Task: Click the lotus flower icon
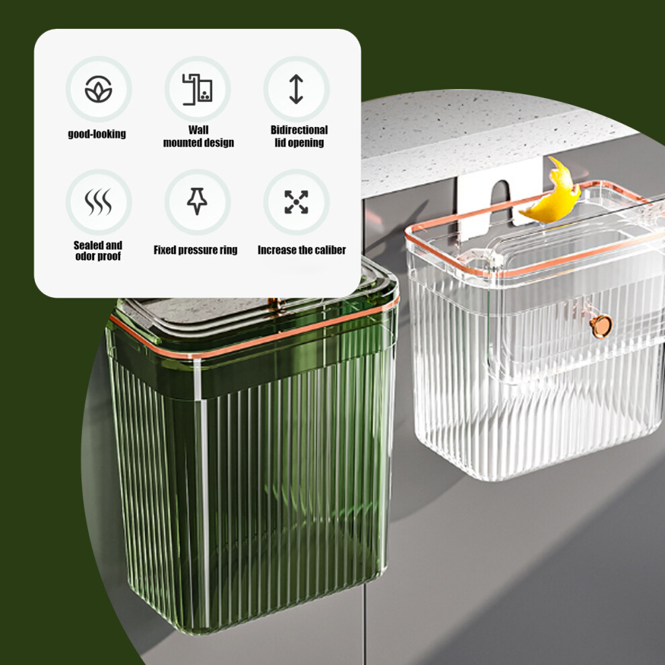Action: pos(98,89)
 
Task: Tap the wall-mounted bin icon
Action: pos(197,89)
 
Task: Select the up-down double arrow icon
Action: pos(296,89)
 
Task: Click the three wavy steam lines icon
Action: pos(98,202)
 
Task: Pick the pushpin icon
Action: pos(197,201)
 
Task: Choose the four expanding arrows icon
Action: pos(296,202)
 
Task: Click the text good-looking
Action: pos(97,134)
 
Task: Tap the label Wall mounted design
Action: pos(198,136)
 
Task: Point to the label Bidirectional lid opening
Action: pos(300,136)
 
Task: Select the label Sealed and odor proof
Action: pos(98,251)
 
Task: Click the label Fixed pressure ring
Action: pos(195,251)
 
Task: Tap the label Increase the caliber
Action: pos(302,251)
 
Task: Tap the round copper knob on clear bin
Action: pos(601,326)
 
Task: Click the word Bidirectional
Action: pos(300,130)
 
